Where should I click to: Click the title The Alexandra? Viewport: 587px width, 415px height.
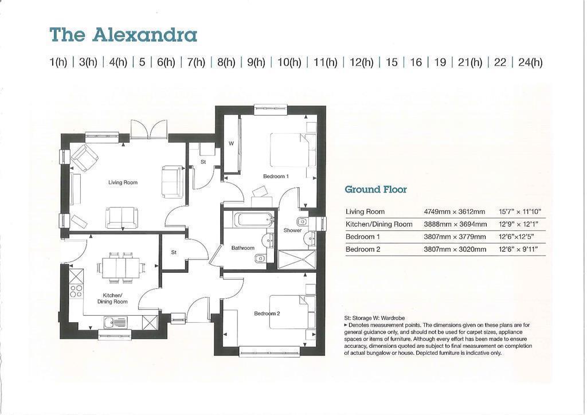coord(123,35)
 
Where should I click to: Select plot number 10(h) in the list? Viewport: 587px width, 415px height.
coord(289,62)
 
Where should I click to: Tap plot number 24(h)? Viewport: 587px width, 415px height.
coord(530,62)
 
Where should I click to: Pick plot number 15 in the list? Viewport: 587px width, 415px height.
coord(392,62)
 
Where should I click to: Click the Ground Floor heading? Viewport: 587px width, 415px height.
coord(375,189)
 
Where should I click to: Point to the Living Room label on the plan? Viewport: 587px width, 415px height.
coord(123,183)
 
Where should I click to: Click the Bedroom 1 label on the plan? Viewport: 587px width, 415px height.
coord(275,177)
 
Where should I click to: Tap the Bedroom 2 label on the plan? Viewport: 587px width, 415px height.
coord(267,314)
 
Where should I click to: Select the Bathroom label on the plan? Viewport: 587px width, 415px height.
coord(242,248)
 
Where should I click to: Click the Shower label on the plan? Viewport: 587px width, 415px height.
coord(292,230)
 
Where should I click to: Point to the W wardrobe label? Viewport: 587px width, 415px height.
coord(231,144)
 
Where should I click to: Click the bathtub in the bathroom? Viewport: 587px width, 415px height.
coord(250,220)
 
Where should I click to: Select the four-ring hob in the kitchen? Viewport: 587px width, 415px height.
coord(76,290)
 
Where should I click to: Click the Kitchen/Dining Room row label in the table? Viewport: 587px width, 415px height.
coord(378,224)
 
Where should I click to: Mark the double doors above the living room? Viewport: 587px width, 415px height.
coord(148,130)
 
